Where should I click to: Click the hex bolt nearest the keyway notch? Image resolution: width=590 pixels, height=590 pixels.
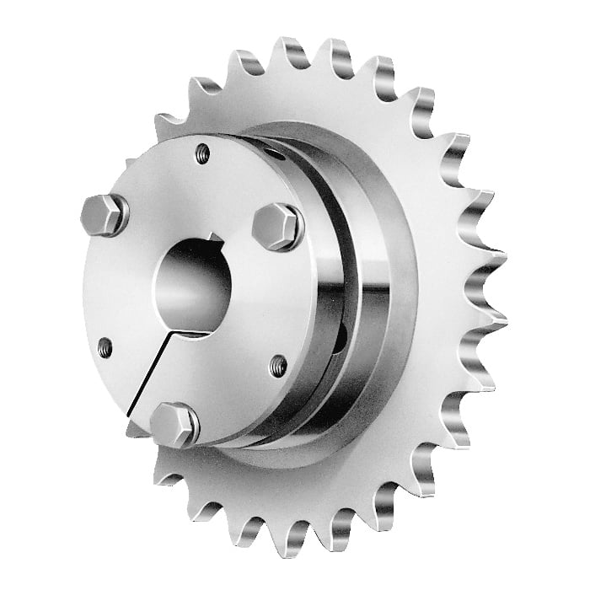(x=276, y=226)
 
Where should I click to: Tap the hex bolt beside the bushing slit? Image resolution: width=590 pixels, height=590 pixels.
(x=174, y=424)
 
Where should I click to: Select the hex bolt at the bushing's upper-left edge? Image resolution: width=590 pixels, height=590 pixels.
(x=105, y=215)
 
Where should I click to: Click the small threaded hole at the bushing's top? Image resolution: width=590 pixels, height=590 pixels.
(x=202, y=153)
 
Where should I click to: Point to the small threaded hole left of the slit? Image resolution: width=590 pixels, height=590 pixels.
(x=105, y=346)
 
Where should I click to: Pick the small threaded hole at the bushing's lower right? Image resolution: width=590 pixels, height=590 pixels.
(x=278, y=365)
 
